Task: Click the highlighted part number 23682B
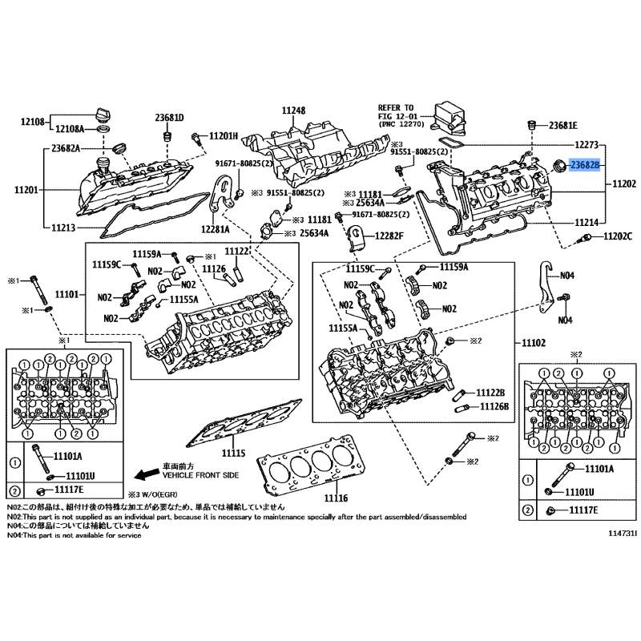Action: point(589,165)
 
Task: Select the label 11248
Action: point(293,111)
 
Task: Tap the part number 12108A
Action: point(71,128)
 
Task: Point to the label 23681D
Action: point(169,118)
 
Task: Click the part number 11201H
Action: point(224,135)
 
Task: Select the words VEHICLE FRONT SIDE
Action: point(201,475)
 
